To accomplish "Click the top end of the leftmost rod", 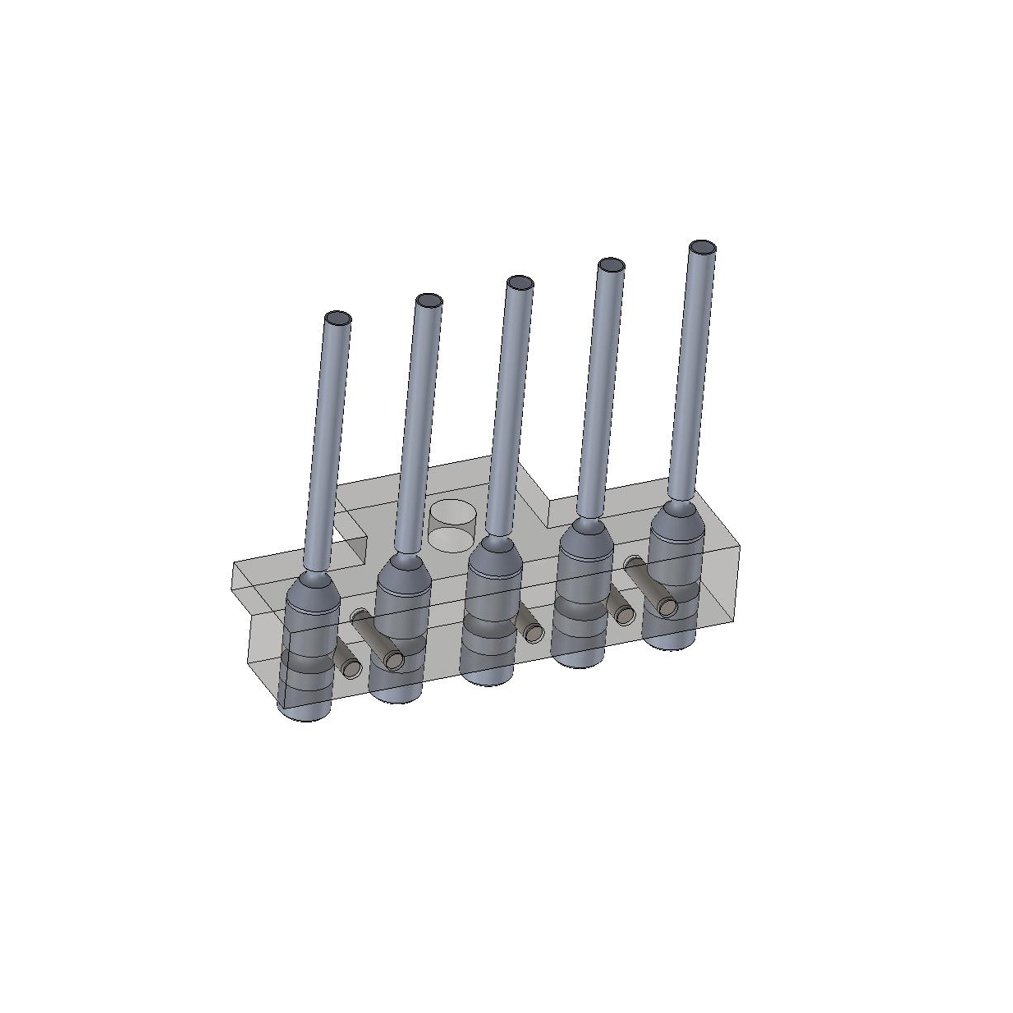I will pyautogui.click(x=337, y=319).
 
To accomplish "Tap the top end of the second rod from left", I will pyautogui.click(x=428, y=300).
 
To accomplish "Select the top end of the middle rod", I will pyautogui.click(x=519, y=283).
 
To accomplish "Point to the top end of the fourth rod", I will pyautogui.click(x=610, y=265).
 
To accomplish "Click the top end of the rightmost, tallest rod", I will pyautogui.click(x=702, y=247).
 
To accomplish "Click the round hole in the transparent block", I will pyautogui.click(x=451, y=525).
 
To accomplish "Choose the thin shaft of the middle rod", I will pyautogui.click(x=507, y=410).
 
